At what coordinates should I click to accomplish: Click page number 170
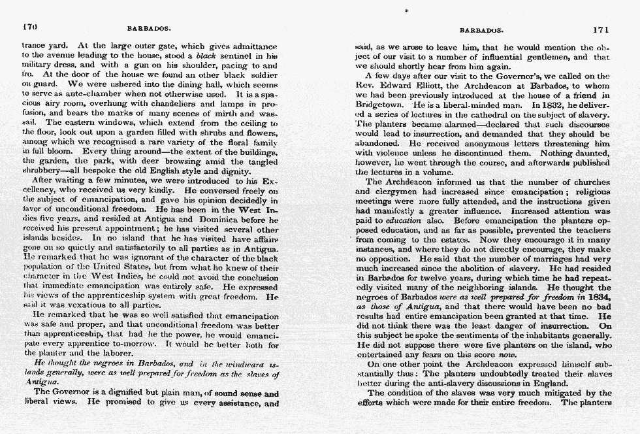30,28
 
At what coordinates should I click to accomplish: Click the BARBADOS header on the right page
481,30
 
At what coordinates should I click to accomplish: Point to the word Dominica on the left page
224,220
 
